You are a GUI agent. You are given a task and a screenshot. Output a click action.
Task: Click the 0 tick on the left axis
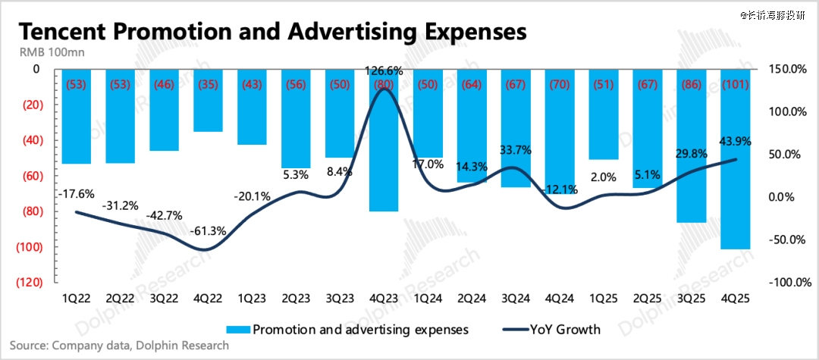pyautogui.click(x=35, y=69)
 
